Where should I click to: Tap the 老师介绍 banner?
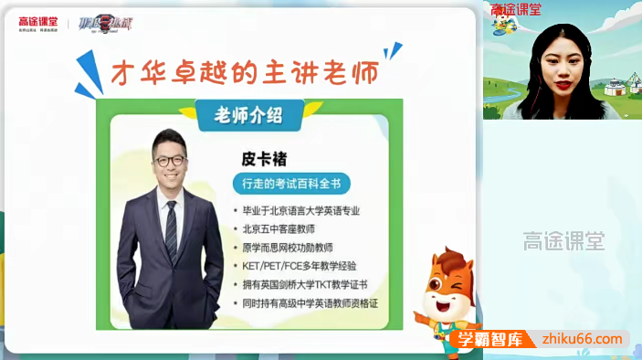pyautogui.click(x=247, y=115)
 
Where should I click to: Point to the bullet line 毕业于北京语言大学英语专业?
pyautogui.click(x=301, y=211)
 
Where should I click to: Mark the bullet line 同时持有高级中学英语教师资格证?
pyautogui.click(x=310, y=302)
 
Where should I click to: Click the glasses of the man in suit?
pyautogui.click(x=170, y=161)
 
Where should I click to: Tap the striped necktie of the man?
pyautogui.click(x=171, y=228)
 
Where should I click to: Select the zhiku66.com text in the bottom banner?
pyautogui.click(x=584, y=339)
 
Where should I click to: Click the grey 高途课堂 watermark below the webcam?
pyautogui.click(x=563, y=241)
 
